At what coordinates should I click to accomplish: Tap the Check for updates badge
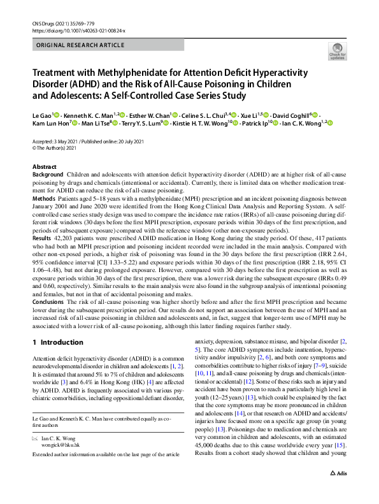336,51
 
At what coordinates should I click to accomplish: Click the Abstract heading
44,166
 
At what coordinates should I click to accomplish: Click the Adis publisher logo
338,492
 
